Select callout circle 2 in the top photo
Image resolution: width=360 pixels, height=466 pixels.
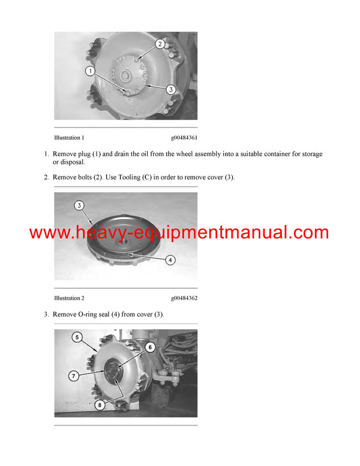click(x=160, y=44)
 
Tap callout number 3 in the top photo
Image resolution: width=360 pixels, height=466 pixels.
click(x=170, y=89)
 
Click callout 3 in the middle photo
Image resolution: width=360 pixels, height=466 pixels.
click(x=79, y=206)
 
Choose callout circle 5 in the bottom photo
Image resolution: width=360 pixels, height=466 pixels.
click(x=77, y=338)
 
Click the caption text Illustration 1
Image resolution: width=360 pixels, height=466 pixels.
click(x=69, y=138)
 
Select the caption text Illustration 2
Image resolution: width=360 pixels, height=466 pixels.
click(x=69, y=298)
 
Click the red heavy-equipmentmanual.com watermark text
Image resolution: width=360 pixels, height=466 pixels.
click(x=179, y=232)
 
